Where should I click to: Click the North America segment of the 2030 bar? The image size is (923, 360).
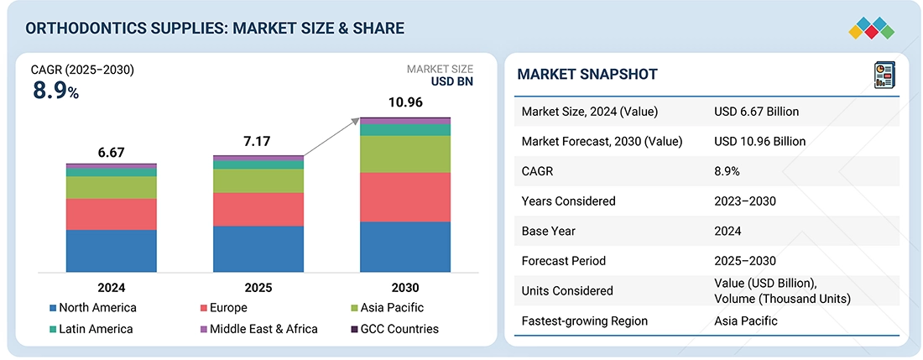click(405, 247)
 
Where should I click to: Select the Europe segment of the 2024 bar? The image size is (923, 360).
click(112, 214)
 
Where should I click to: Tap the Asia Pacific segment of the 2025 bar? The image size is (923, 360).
click(258, 180)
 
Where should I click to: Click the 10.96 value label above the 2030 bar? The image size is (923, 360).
click(405, 102)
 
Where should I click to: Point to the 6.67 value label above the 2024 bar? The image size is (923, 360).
click(112, 152)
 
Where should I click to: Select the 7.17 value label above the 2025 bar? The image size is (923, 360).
click(258, 143)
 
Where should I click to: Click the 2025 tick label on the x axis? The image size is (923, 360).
click(258, 288)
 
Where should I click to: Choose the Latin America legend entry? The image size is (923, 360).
click(91, 329)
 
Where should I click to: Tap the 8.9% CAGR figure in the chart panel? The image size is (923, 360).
click(56, 91)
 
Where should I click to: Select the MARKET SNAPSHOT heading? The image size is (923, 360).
click(587, 75)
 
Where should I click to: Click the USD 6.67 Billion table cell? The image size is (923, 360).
click(756, 112)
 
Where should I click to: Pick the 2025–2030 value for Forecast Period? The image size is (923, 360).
click(745, 261)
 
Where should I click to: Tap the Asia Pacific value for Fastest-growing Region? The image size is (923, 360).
click(745, 321)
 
